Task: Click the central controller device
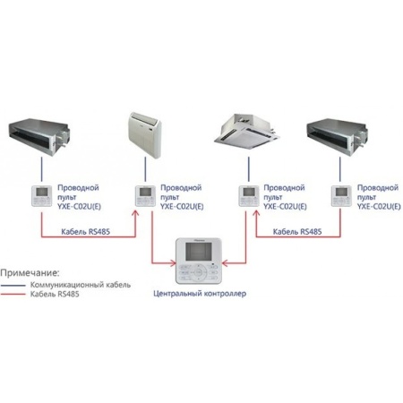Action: (199, 261)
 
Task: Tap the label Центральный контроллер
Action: (200, 294)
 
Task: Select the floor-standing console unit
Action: (145, 134)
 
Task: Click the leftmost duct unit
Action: (39, 137)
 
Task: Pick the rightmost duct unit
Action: (338, 137)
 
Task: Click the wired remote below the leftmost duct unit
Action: (42, 196)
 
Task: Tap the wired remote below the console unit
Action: (145, 196)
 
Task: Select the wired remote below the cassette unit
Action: (249, 196)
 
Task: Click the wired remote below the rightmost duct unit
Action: (341, 196)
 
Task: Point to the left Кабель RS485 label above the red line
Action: (86, 232)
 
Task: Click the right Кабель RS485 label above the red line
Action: (297, 232)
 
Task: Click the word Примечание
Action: (30, 273)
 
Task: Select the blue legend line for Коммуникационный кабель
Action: (13, 286)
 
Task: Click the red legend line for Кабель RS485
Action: (13, 295)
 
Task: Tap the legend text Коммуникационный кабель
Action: (81, 285)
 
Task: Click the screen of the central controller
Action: (199, 251)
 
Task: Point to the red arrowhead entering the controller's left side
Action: (173, 263)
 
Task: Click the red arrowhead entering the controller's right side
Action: (226, 263)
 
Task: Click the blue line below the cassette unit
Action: (249, 169)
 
